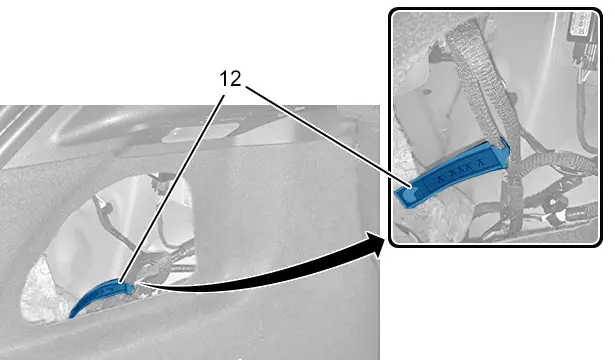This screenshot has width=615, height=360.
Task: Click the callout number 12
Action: click(230, 79)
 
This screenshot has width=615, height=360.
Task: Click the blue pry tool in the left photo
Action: click(102, 296)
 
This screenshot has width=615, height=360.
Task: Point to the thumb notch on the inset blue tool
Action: click(408, 192)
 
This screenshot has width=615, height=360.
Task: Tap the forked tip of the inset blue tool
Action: click(504, 146)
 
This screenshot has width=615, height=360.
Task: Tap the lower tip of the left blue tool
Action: click(71, 316)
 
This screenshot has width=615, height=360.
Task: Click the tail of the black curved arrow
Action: click(138, 282)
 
